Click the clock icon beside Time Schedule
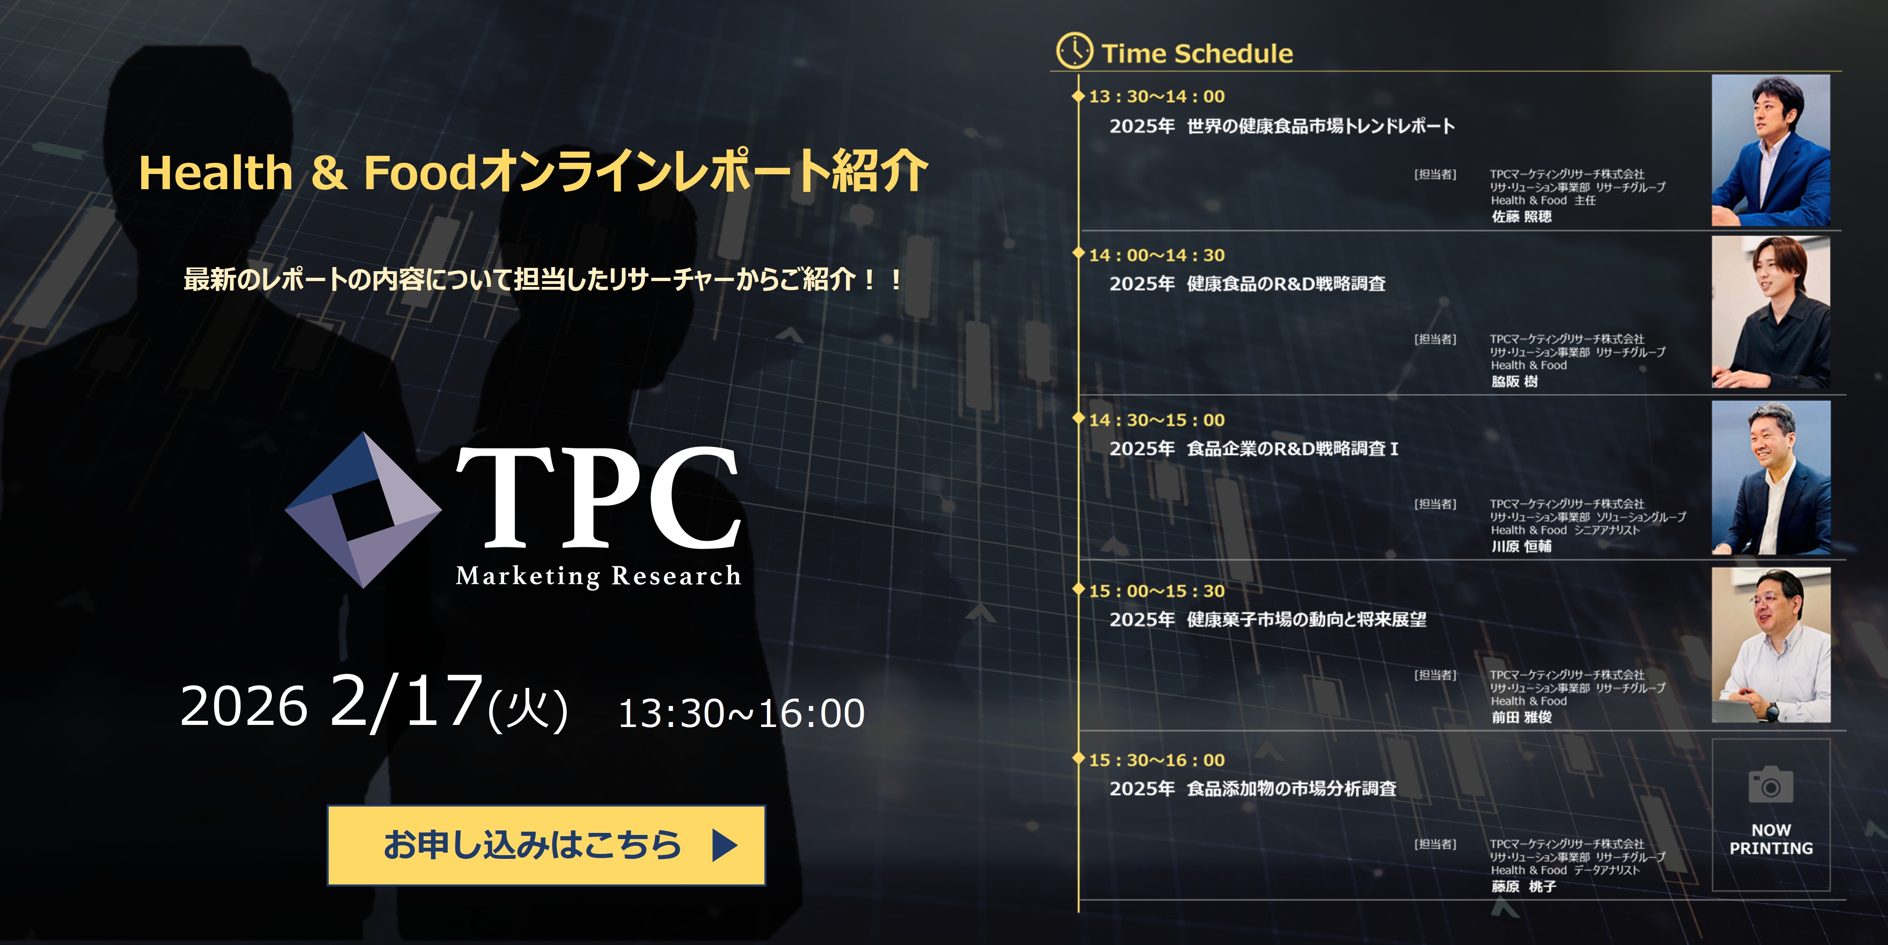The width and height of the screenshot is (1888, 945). tap(1075, 51)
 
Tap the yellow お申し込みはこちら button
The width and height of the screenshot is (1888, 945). tap(546, 844)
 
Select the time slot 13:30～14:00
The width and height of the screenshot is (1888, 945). tap(1157, 96)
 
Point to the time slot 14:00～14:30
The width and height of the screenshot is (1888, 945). tap(1157, 255)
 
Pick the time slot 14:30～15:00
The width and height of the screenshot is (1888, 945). tap(1157, 420)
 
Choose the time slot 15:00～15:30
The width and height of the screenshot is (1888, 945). tap(1157, 591)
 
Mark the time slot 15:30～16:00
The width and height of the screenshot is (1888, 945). tap(1157, 760)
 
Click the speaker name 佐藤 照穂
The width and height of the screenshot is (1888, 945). tap(1521, 216)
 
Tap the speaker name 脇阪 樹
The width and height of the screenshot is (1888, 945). tap(1514, 381)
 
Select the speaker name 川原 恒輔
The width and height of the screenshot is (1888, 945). tap(1521, 546)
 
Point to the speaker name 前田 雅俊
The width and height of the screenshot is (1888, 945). tap(1521, 717)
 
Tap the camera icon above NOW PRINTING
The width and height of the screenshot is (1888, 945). tap(1771, 785)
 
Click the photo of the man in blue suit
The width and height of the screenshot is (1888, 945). tap(1771, 150)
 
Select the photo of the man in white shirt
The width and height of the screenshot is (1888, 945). tap(1771, 645)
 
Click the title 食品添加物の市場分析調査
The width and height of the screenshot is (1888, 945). tap(1291, 789)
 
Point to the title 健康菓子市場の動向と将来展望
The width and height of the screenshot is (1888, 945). tap(1306, 619)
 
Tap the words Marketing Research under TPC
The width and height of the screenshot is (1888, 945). tap(598, 576)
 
